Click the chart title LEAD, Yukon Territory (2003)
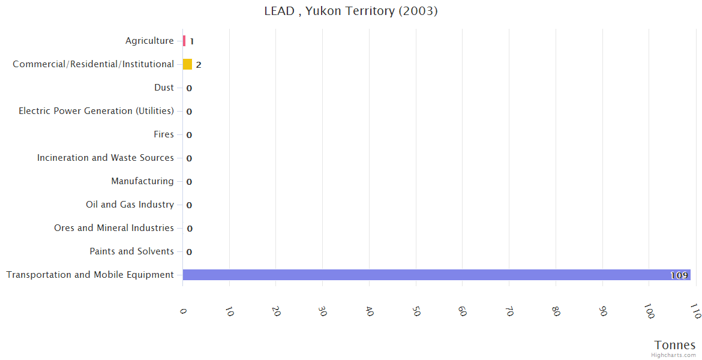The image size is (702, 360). [x=351, y=11]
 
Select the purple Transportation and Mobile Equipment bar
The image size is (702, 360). [x=436, y=275]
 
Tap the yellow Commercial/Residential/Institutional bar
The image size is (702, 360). [x=187, y=64]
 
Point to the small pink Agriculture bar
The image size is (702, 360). [x=184, y=41]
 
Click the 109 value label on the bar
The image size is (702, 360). [x=679, y=275]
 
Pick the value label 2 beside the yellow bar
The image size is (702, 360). [x=199, y=65]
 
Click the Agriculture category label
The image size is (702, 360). [x=149, y=41]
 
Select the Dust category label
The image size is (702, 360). [x=164, y=88]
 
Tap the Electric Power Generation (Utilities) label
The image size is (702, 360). [x=96, y=111]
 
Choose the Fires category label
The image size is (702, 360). [x=164, y=134]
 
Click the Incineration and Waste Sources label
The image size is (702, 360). [x=106, y=158]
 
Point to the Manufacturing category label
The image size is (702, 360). [x=142, y=181]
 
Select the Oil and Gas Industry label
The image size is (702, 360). [x=130, y=205]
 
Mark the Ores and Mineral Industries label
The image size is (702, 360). [x=114, y=228]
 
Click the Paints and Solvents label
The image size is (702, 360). [x=131, y=251]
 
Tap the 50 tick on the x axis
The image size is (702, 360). [x=416, y=311]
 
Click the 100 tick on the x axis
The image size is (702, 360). [x=649, y=311]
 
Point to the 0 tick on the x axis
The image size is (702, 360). [x=183, y=311]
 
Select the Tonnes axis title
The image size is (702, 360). [x=674, y=345]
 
